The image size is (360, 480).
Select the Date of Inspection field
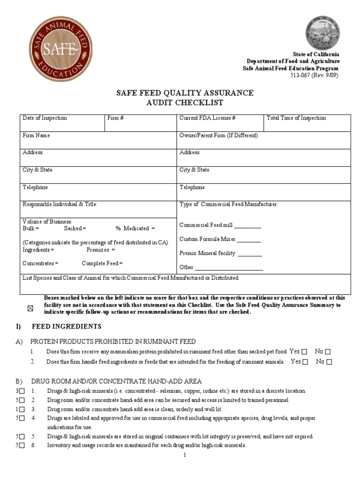[62, 123]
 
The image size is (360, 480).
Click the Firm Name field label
[37, 135]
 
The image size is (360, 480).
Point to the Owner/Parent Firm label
[218, 135]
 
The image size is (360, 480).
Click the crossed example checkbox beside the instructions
[31, 308]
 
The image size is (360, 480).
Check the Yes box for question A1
[305, 352]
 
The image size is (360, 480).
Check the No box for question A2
[329, 362]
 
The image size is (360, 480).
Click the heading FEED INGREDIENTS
[67, 326]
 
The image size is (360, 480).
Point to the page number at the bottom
[185, 455]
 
